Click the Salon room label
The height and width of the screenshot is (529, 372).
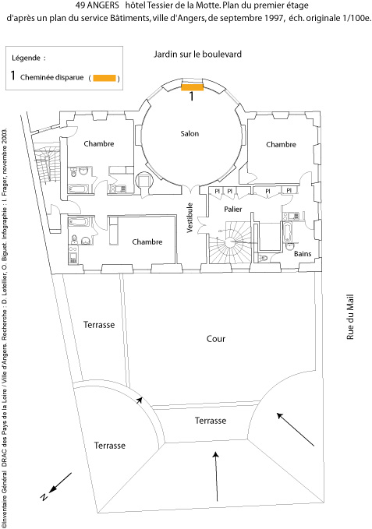(190, 133)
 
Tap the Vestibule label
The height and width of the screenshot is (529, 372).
(190, 217)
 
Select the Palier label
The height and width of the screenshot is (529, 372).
(233, 209)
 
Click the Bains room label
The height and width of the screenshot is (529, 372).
(303, 253)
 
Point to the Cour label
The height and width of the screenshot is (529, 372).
(216, 339)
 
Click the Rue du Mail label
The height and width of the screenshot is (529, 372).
(350, 317)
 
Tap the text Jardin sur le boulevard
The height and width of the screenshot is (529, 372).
(197, 55)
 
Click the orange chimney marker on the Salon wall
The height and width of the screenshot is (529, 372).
(192, 87)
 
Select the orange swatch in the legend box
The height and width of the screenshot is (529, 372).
(105, 78)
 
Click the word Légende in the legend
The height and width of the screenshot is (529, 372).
(26, 58)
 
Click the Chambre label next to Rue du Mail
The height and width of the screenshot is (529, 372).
(281, 144)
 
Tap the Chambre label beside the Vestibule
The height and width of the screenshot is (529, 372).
(147, 242)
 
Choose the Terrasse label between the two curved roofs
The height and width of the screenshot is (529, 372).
(211, 421)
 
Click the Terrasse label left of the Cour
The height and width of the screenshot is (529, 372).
(99, 325)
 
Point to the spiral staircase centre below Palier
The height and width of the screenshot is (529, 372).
(232, 242)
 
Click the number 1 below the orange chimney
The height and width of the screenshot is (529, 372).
(191, 97)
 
